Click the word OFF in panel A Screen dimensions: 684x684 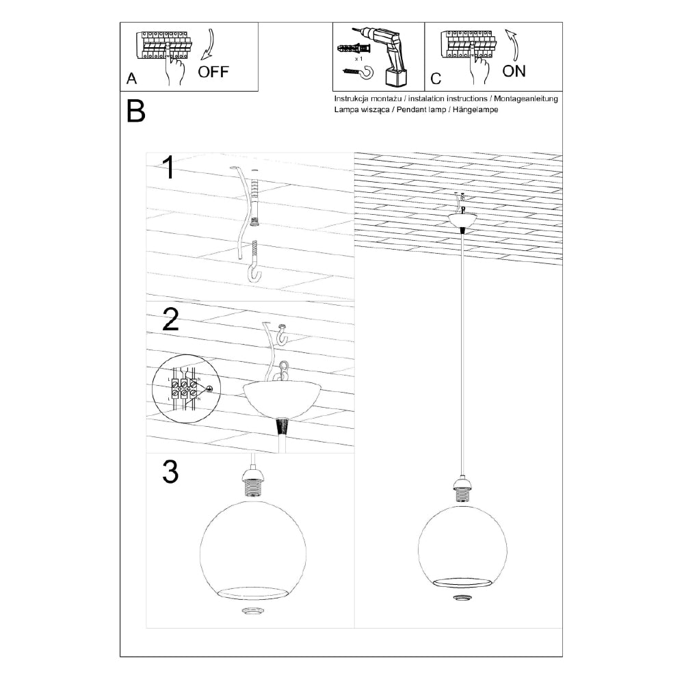click(213, 72)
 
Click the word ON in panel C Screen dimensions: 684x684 click(514, 71)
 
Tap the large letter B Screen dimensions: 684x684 click(136, 111)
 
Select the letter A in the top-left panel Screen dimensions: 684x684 click(131, 79)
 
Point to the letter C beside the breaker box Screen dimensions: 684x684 click(436, 79)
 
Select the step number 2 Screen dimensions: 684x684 click(170, 320)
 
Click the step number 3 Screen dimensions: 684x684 click(170, 472)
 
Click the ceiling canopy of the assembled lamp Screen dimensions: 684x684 click(464, 220)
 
